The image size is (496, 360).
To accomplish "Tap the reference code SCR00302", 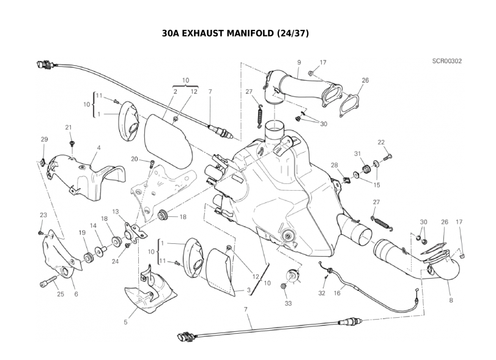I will (447, 62).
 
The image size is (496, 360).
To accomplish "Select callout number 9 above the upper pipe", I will (299, 62).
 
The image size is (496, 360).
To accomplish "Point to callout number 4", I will (98, 148).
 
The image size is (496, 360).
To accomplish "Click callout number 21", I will (69, 127).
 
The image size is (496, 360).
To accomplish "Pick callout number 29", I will (43, 139).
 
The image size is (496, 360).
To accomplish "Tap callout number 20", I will (134, 159).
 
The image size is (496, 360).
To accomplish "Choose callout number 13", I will (115, 211).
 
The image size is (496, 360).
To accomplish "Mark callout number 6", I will (76, 294).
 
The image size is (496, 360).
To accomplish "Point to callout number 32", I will (322, 293).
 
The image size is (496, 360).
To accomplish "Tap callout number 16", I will (337, 293).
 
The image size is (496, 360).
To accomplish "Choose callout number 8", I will (451, 299).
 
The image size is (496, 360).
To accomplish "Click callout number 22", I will (381, 142).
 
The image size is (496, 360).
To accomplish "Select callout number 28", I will (335, 165).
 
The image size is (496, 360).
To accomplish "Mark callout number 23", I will (43, 215).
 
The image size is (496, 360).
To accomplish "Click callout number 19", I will (82, 232).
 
